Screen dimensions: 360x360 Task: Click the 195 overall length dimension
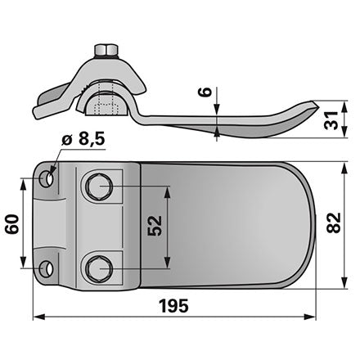[x=173, y=306]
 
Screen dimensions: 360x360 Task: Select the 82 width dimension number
[x=334, y=223]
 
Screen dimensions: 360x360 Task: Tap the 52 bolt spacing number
[x=155, y=226]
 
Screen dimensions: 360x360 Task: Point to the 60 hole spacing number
[x=12, y=224]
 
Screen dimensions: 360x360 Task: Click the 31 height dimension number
[x=331, y=120]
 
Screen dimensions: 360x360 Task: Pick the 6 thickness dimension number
[x=207, y=92]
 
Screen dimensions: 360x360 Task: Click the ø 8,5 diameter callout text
[x=83, y=139]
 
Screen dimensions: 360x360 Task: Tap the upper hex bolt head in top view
[x=99, y=187]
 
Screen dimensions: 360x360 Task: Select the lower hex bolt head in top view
[x=99, y=269]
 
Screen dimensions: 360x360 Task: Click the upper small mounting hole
[x=47, y=179]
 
